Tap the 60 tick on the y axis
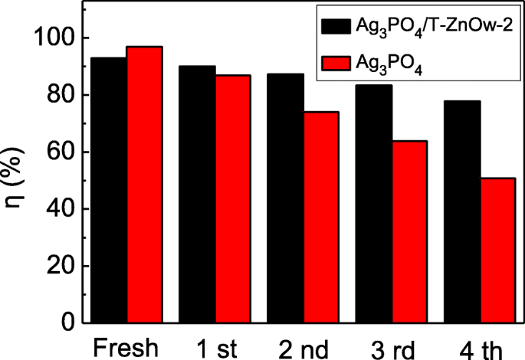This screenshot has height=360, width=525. (61, 152)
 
